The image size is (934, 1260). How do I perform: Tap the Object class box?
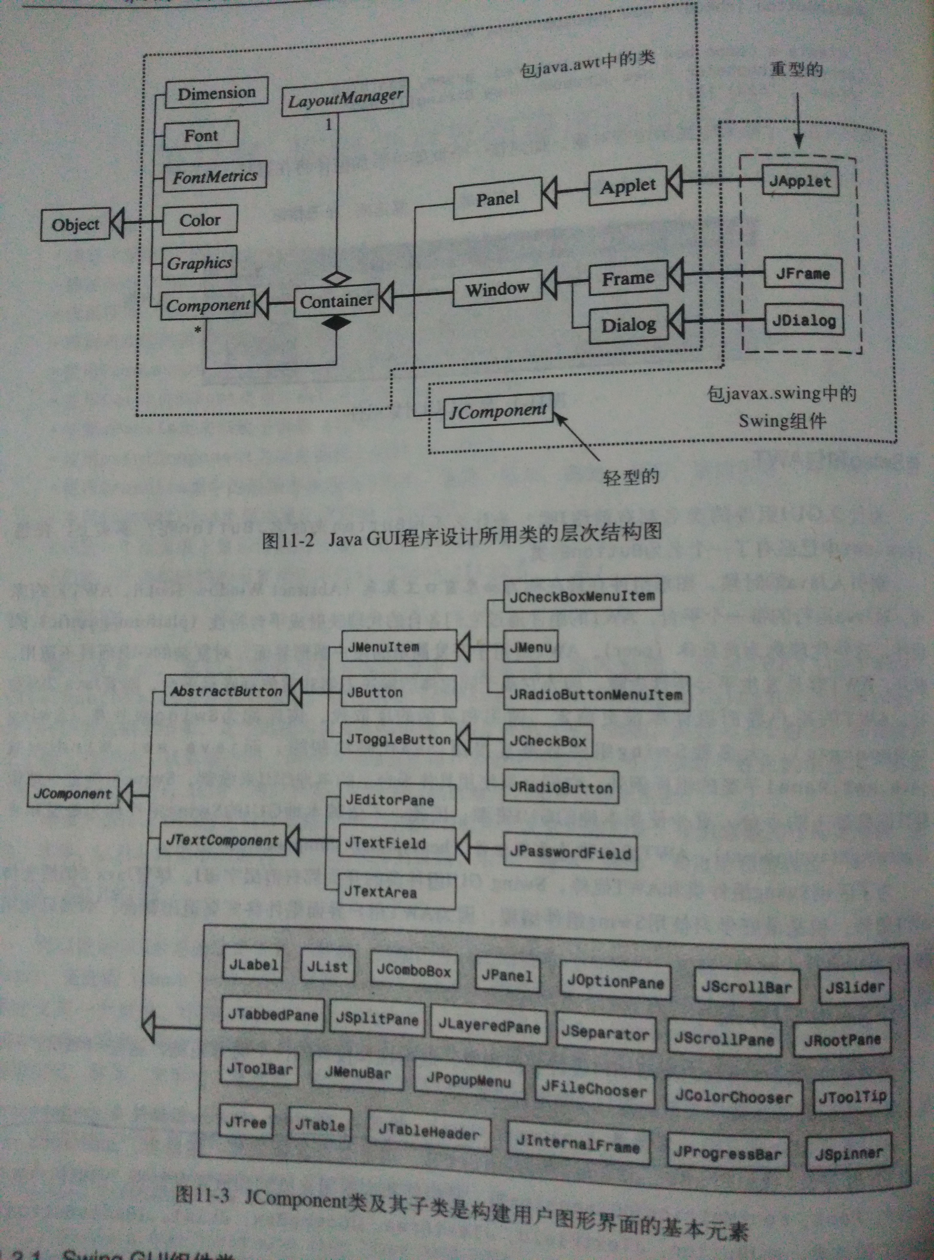[x=75, y=225]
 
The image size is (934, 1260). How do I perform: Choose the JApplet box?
[x=800, y=181]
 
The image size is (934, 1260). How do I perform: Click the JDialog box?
[x=804, y=321]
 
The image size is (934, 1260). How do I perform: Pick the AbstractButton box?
[x=226, y=690]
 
